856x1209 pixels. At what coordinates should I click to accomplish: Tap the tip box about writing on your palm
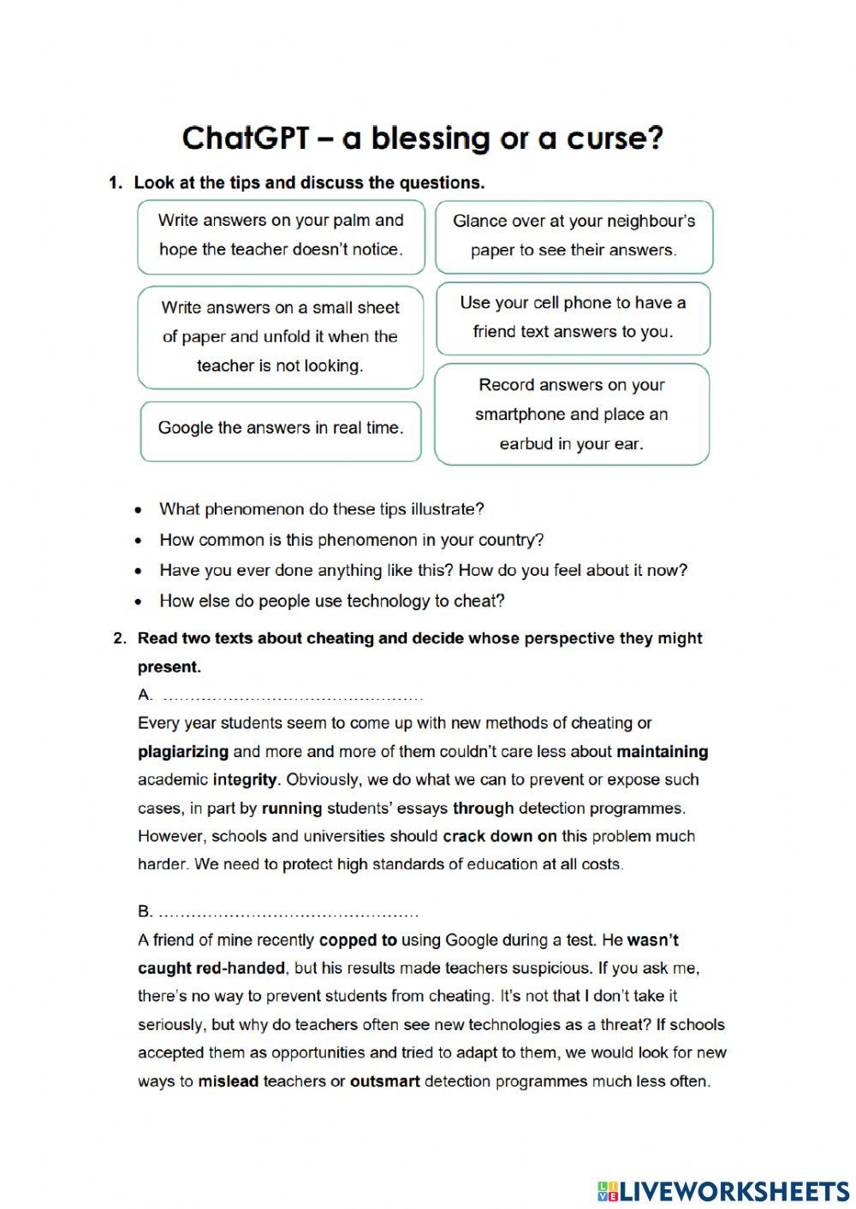(281, 235)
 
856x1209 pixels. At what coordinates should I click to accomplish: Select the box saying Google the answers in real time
(281, 429)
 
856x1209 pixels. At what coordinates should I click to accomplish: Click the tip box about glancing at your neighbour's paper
(574, 236)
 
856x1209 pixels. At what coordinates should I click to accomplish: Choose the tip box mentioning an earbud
(572, 415)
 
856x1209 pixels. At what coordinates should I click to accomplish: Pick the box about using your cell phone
(573, 317)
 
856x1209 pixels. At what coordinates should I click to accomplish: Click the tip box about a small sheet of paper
(280, 337)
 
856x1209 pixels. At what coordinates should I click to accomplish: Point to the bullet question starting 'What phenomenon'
(321, 510)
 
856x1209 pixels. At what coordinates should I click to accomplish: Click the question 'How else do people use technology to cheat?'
(331, 602)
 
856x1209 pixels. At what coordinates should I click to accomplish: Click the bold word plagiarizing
(183, 752)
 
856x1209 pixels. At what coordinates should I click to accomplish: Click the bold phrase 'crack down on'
(499, 837)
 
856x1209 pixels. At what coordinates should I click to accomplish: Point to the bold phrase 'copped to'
(358, 940)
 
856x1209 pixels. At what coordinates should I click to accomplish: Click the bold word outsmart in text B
(384, 1082)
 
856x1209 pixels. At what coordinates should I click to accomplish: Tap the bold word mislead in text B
(228, 1082)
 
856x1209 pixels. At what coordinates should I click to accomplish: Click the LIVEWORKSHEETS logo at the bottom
(723, 1190)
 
